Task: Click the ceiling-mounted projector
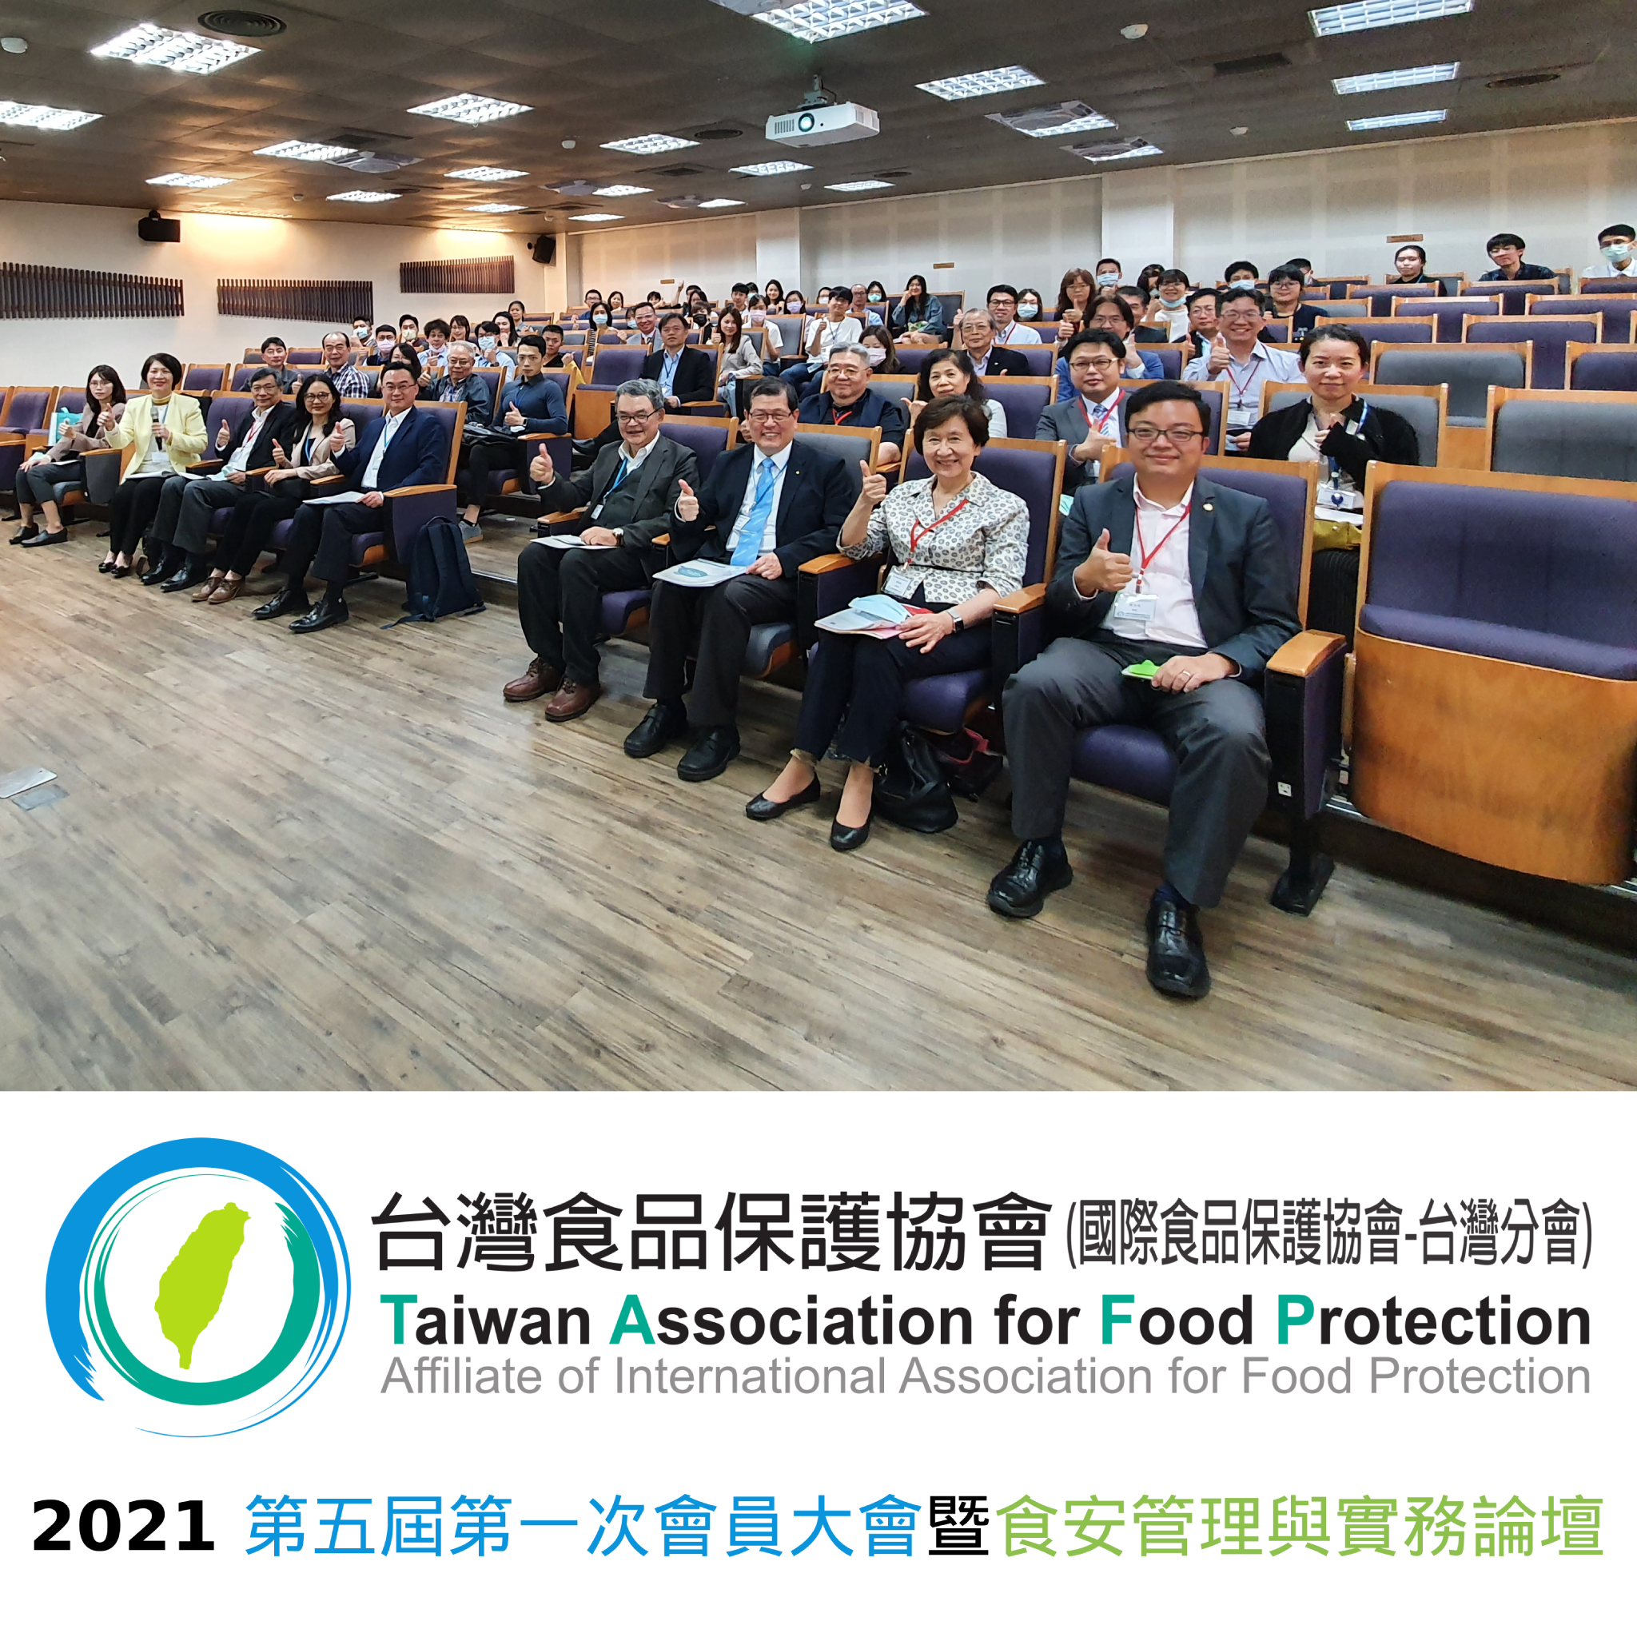pyautogui.click(x=820, y=123)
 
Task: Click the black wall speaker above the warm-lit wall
pyautogui.click(x=159, y=227)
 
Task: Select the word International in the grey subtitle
pyautogui.click(x=750, y=1377)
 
